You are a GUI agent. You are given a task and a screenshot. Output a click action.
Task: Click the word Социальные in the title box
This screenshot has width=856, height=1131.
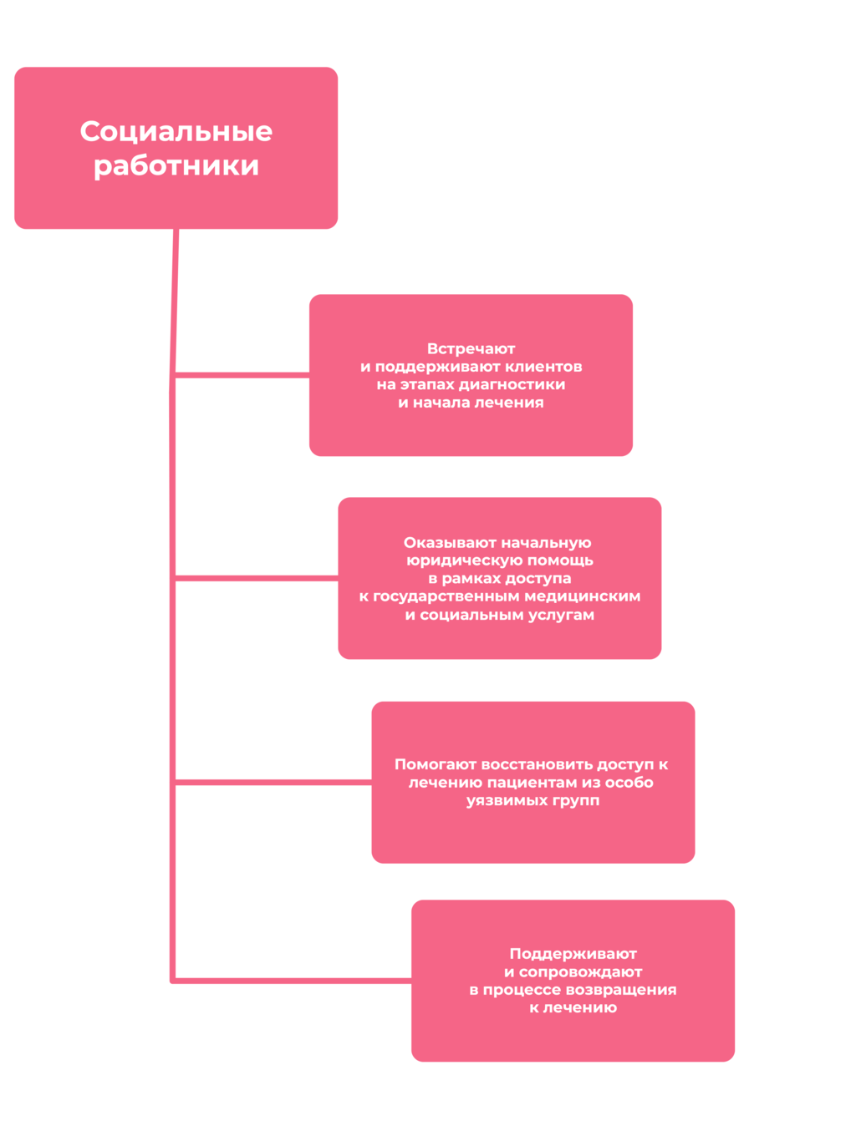tap(176, 131)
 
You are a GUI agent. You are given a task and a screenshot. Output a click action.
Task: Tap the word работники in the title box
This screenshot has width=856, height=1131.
tap(176, 166)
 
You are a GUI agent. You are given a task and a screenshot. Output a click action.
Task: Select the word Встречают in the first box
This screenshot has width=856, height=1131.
tap(471, 349)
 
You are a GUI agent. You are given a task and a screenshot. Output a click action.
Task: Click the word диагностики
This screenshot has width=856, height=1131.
tap(512, 385)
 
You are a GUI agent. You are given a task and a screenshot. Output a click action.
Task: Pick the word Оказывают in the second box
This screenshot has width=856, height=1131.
tap(451, 543)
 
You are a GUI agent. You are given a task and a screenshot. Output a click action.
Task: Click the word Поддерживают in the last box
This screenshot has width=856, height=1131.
tap(573, 954)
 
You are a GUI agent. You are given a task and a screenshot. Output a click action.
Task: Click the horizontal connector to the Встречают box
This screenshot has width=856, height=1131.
tap(242, 375)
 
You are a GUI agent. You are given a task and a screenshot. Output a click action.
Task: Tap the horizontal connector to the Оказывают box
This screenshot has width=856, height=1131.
tap(257, 578)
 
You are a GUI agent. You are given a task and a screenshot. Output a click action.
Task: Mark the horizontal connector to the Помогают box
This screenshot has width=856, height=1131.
tap(273, 782)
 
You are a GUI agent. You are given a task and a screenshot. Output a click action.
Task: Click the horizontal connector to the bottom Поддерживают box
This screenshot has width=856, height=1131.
tap(293, 981)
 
